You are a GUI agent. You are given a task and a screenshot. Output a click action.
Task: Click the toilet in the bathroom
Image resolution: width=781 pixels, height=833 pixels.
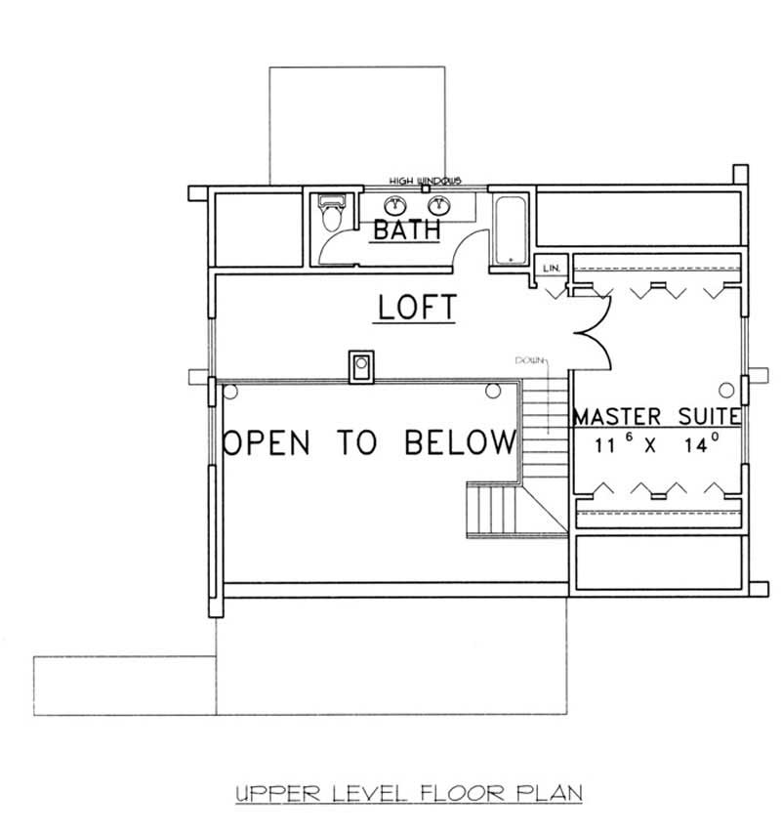331,214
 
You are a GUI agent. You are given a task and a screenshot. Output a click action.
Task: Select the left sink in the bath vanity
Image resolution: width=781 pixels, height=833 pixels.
395,205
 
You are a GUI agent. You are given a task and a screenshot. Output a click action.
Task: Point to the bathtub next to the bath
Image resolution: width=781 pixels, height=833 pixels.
509,229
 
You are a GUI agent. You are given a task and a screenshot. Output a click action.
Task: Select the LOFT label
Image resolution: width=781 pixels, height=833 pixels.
417,308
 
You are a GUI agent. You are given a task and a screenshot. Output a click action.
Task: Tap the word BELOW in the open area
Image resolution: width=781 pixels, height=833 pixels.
460,442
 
